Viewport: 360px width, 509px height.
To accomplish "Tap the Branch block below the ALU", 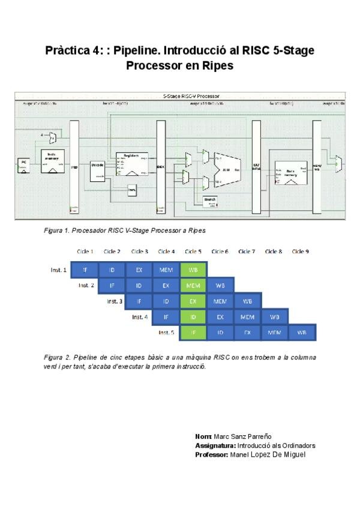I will pyautogui.click(x=210, y=199).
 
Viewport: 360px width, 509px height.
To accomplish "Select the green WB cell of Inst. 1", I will pyautogui.click(x=193, y=270).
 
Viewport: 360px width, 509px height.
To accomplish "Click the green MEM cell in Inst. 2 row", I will pyautogui.click(x=193, y=286).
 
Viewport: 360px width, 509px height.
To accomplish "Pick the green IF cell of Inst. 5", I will pyautogui.click(x=193, y=332).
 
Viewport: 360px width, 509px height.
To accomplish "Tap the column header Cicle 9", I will pyautogui.click(x=300, y=251).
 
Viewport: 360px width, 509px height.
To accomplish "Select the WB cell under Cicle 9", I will pyautogui.click(x=302, y=332).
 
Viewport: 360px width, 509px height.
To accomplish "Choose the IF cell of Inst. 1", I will pyautogui.click(x=85, y=270).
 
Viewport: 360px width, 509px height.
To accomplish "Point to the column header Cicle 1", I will pyautogui.click(x=85, y=251).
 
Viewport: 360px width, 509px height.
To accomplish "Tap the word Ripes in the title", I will pyautogui.click(x=220, y=66).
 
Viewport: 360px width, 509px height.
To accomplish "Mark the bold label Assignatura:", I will pyautogui.click(x=215, y=445).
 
